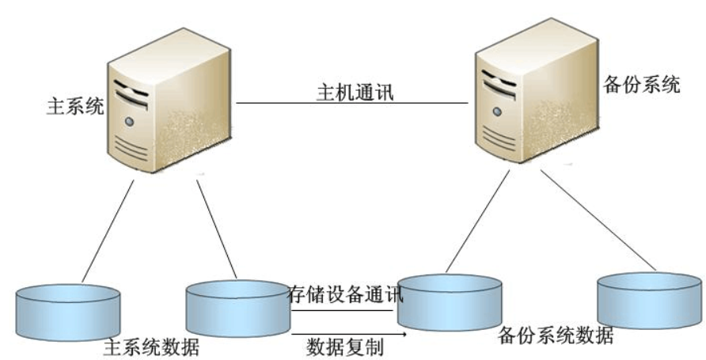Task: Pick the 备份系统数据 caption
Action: (556, 335)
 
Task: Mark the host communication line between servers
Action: (352, 103)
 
